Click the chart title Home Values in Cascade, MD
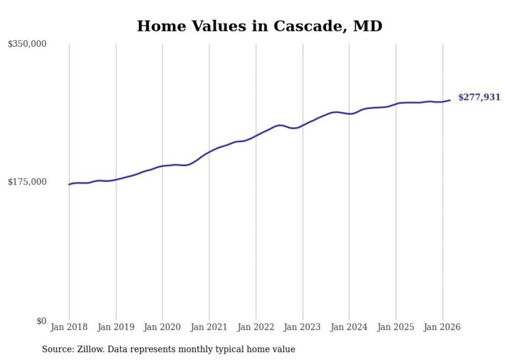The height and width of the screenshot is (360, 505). click(x=259, y=26)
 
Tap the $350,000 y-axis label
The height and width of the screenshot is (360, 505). click(x=27, y=44)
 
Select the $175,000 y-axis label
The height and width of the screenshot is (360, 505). click(x=27, y=182)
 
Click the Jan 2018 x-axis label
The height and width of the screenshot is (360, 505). click(x=69, y=327)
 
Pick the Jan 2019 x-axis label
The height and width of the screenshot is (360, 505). click(x=116, y=327)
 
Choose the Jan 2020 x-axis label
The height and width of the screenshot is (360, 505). click(x=162, y=327)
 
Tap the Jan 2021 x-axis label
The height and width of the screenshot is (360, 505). click(x=209, y=327)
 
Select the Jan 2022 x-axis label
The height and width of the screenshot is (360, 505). click(x=256, y=327)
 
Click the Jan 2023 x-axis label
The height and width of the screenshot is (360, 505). click(x=302, y=327)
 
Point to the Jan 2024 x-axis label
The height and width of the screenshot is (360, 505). click(x=349, y=327)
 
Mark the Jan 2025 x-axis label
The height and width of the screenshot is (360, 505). click(x=396, y=327)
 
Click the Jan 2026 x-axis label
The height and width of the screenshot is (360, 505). click(x=442, y=327)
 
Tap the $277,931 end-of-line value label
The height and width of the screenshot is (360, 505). click(x=479, y=97)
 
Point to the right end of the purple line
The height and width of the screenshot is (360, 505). click(x=450, y=100)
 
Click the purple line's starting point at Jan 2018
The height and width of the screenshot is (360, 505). click(x=69, y=184)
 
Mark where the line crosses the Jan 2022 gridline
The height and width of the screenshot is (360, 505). click(x=256, y=136)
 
